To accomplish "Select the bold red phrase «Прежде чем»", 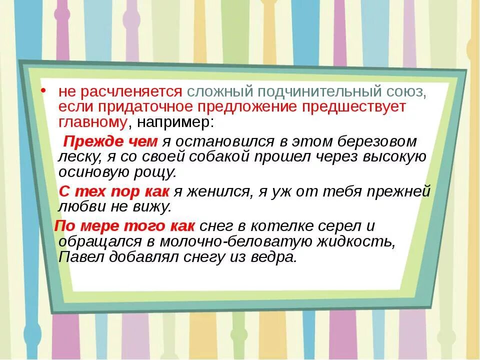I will pos(110,141).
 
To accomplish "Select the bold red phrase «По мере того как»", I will pos(124,226).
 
